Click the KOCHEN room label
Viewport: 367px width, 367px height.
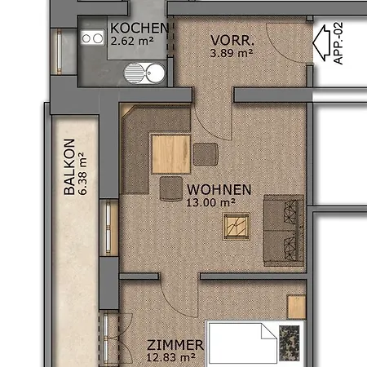click(139, 28)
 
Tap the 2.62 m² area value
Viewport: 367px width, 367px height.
click(132, 41)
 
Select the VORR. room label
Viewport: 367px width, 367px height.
click(232, 41)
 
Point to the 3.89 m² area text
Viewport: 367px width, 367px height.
click(232, 53)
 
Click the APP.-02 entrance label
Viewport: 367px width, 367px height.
click(338, 43)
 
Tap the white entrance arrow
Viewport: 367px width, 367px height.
click(321, 43)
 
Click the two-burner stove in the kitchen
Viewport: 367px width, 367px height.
click(92, 38)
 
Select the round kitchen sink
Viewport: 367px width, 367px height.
click(144, 73)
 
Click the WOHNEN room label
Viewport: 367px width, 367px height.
click(219, 190)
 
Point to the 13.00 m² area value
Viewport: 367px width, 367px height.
click(210, 202)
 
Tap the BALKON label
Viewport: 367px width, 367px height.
click(69, 166)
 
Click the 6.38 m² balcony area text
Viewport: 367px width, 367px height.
click(82, 174)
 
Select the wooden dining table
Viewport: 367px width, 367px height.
click(171, 154)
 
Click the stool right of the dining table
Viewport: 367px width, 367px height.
click(206, 154)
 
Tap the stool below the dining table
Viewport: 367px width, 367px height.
click(171, 188)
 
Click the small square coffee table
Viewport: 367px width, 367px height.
click(237, 226)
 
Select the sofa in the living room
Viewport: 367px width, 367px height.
click(284, 230)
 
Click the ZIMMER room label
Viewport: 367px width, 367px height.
click(175, 345)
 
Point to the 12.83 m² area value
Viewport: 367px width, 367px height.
click(170, 357)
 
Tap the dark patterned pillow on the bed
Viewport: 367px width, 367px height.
click(290, 343)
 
